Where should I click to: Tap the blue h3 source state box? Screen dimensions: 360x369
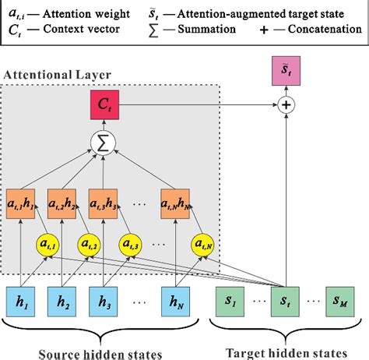click(104, 300)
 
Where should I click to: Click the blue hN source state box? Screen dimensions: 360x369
click(176, 300)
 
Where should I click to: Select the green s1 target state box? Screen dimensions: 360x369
click(230, 300)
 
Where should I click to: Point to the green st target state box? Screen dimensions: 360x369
click(287, 300)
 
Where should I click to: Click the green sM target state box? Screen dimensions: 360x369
click(344, 300)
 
